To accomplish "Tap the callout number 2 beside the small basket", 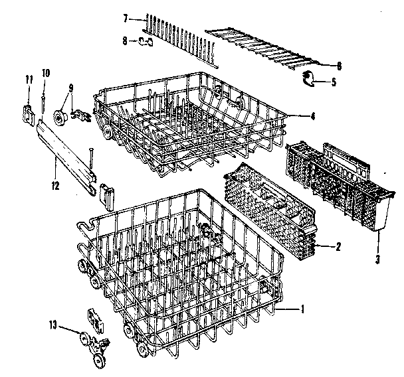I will [x=339, y=246].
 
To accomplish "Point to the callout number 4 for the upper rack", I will [x=312, y=115].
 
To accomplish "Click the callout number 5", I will [x=334, y=83].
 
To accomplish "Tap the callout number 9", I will [x=71, y=88].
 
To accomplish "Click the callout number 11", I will [x=29, y=80].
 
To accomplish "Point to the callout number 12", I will [x=56, y=186].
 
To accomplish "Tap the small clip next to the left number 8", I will [x=148, y=43].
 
